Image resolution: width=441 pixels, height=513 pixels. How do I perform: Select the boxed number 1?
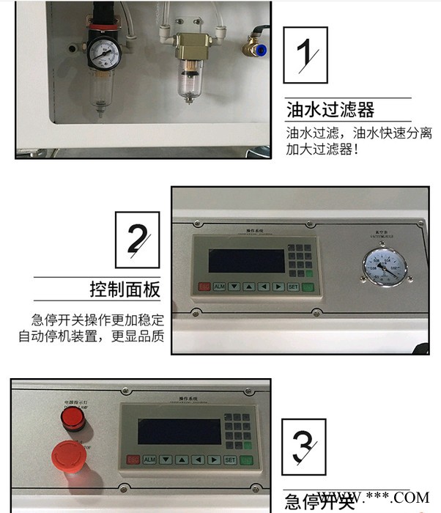point(305,54)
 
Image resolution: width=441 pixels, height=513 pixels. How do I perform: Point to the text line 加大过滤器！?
point(322,150)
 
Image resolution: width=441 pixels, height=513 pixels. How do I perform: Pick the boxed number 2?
point(137,240)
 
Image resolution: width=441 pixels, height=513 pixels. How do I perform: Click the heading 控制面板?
point(125,289)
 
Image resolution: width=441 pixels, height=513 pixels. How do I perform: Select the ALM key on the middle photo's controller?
point(219,287)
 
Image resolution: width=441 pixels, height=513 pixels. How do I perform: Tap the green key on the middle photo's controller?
point(308,287)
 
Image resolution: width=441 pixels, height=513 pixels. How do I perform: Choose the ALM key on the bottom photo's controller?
point(149,460)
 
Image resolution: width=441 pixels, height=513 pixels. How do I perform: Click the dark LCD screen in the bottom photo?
point(179,432)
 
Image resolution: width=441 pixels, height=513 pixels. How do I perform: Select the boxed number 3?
point(305,444)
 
